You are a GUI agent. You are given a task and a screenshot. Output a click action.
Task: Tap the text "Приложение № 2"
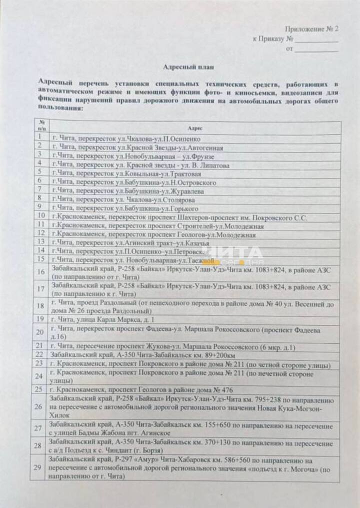click(311, 29)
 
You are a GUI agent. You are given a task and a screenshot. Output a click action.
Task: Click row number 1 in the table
click(39, 137)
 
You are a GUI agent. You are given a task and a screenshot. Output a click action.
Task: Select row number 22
click(39, 354)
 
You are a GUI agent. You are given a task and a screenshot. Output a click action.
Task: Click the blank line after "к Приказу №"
click(316, 39)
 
